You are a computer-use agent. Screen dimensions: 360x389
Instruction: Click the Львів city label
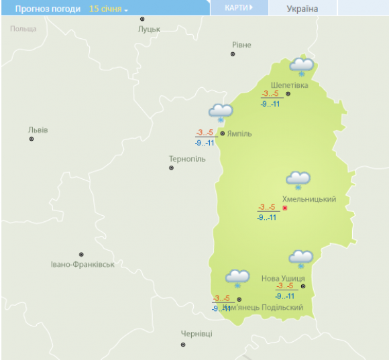(x=38, y=129)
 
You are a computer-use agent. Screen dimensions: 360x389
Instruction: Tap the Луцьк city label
(x=149, y=29)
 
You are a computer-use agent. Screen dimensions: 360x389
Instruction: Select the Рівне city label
(x=241, y=45)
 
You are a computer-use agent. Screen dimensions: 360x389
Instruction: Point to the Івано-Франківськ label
(x=82, y=264)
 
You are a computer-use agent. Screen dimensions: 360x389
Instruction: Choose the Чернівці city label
(x=197, y=334)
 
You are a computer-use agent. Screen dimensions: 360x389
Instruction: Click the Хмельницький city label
(x=309, y=199)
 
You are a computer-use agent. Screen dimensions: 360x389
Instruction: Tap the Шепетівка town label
(x=289, y=85)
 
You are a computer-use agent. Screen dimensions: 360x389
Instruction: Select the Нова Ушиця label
(x=283, y=278)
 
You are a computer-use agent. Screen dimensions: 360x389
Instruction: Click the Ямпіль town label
(x=240, y=133)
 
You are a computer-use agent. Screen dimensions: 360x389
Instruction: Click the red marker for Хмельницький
(x=284, y=208)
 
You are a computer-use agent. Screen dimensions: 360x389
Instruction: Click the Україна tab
(x=302, y=9)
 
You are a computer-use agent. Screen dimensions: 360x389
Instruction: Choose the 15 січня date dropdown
(x=108, y=9)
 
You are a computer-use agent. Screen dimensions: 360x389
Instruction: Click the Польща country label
(x=23, y=29)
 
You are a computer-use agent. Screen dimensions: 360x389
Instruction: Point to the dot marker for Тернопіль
(x=171, y=168)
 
